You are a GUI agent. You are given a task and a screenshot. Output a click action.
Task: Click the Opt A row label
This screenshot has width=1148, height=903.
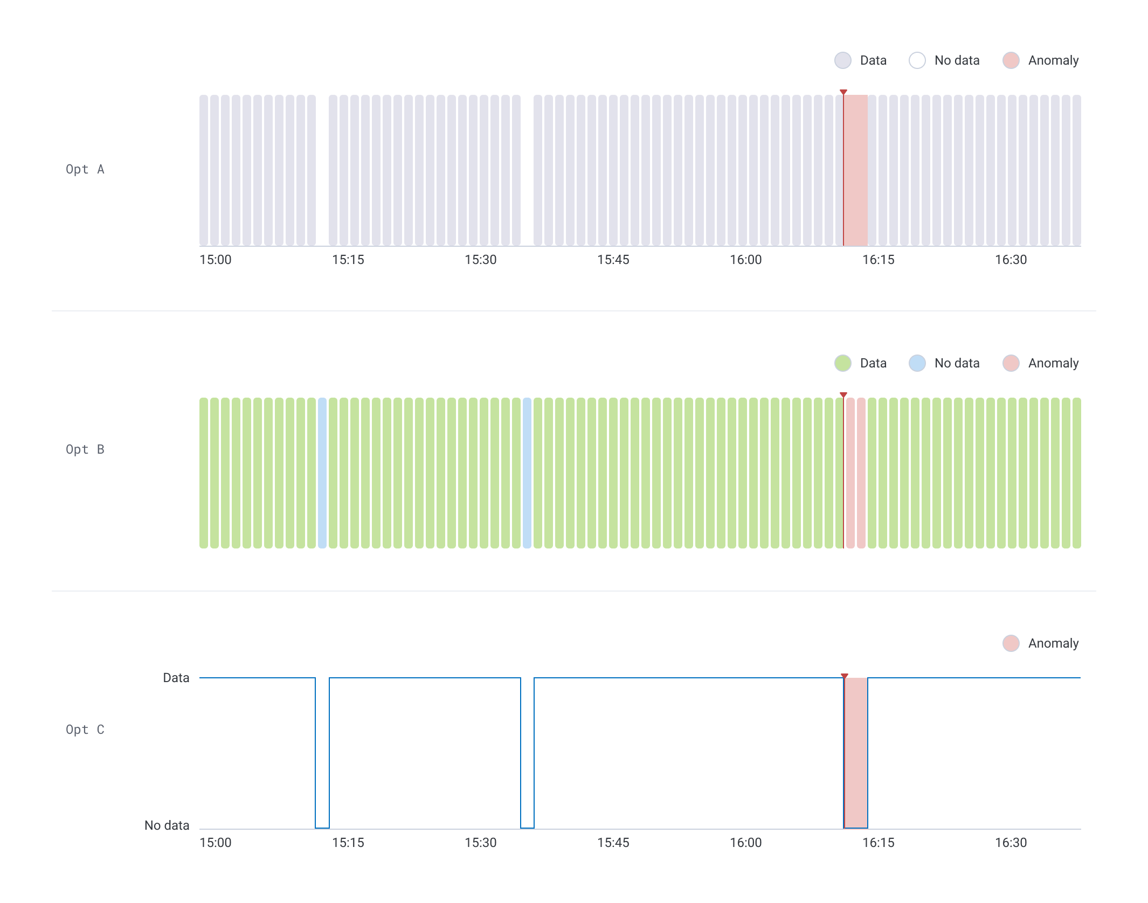tap(85, 169)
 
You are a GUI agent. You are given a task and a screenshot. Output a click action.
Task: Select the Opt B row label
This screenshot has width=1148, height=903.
tap(85, 449)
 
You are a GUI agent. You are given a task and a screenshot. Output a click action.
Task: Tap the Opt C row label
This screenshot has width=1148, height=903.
tap(85, 730)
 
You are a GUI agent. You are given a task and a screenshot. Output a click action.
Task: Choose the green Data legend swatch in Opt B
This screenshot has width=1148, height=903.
tap(843, 363)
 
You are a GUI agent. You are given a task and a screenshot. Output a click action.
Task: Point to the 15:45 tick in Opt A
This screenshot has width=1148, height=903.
tap(613, 260)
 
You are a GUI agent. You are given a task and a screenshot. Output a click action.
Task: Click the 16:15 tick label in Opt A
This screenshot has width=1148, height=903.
tap(879, 260)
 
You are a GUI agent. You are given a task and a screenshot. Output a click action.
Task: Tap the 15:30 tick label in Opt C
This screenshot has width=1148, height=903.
tap(481, 843)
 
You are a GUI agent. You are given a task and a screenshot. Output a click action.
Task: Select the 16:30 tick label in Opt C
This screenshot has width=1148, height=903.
tap(1011, 843)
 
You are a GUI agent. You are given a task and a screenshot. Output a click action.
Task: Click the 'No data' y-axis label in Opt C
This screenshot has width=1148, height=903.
tap(167, 825)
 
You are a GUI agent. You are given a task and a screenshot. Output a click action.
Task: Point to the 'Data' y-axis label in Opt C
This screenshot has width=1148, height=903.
tap(176, 678)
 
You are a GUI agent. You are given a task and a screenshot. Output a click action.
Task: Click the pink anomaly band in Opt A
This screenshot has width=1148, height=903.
tap(856, 170)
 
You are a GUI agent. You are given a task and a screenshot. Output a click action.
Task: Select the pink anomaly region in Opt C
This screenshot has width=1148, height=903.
tap(856, 752)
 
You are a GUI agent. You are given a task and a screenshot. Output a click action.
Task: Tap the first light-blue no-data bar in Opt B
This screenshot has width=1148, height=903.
tap(322, 473)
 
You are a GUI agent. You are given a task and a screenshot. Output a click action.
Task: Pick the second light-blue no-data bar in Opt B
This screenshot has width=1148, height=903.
tap(527, 473)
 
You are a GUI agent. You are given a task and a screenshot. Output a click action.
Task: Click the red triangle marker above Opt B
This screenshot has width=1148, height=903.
tap(843, 395)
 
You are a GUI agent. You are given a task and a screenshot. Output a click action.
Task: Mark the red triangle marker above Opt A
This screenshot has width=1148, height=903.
tap(843, 92)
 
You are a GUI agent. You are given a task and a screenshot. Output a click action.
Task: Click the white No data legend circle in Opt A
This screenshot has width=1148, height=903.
tap(917, 60)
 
